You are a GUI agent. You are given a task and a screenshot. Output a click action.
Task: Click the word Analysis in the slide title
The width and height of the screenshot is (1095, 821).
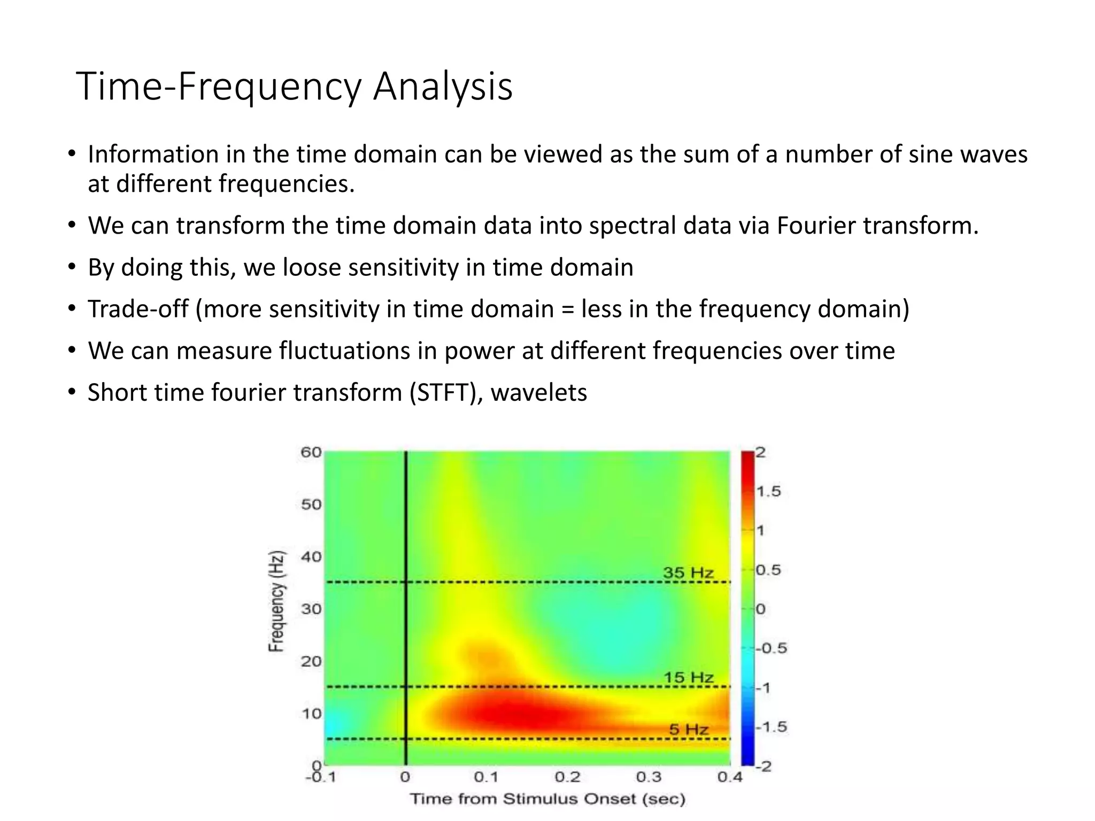[x=443, y=87]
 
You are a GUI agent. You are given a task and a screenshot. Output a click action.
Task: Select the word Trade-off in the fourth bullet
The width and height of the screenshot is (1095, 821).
[x=138, y=309]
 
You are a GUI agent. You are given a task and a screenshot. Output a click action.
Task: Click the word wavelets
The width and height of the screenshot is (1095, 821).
[x=538, y=392]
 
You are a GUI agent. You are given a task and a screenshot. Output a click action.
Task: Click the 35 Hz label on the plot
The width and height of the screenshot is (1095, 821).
[x=688, y=572]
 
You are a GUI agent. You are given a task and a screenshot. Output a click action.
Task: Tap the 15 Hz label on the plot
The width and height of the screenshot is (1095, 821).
[x=688, y=677]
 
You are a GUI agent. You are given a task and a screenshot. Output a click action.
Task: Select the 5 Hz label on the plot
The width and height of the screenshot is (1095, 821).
[x=689, y=729]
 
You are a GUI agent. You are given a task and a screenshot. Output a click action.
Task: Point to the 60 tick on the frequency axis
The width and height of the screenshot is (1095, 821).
[x=311, y=452]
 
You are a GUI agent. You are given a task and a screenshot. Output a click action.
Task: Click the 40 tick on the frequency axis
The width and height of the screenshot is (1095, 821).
[x=311, y=557]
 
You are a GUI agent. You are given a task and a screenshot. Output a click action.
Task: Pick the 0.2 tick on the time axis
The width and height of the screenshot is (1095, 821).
[x=567, y=777]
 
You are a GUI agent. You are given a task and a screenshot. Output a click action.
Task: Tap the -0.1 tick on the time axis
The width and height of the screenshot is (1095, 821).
[x=320, y=777]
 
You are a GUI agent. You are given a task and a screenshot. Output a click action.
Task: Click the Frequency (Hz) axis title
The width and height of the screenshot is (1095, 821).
[x=276, y=601]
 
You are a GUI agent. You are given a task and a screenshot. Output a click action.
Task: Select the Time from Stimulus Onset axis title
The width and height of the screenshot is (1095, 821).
[x=547, y=799]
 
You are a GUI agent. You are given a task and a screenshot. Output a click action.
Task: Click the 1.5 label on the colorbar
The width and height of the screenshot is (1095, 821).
[x=769, y=491]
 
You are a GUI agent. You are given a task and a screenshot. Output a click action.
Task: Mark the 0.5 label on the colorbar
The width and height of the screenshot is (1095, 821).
[x=768, y=570]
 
